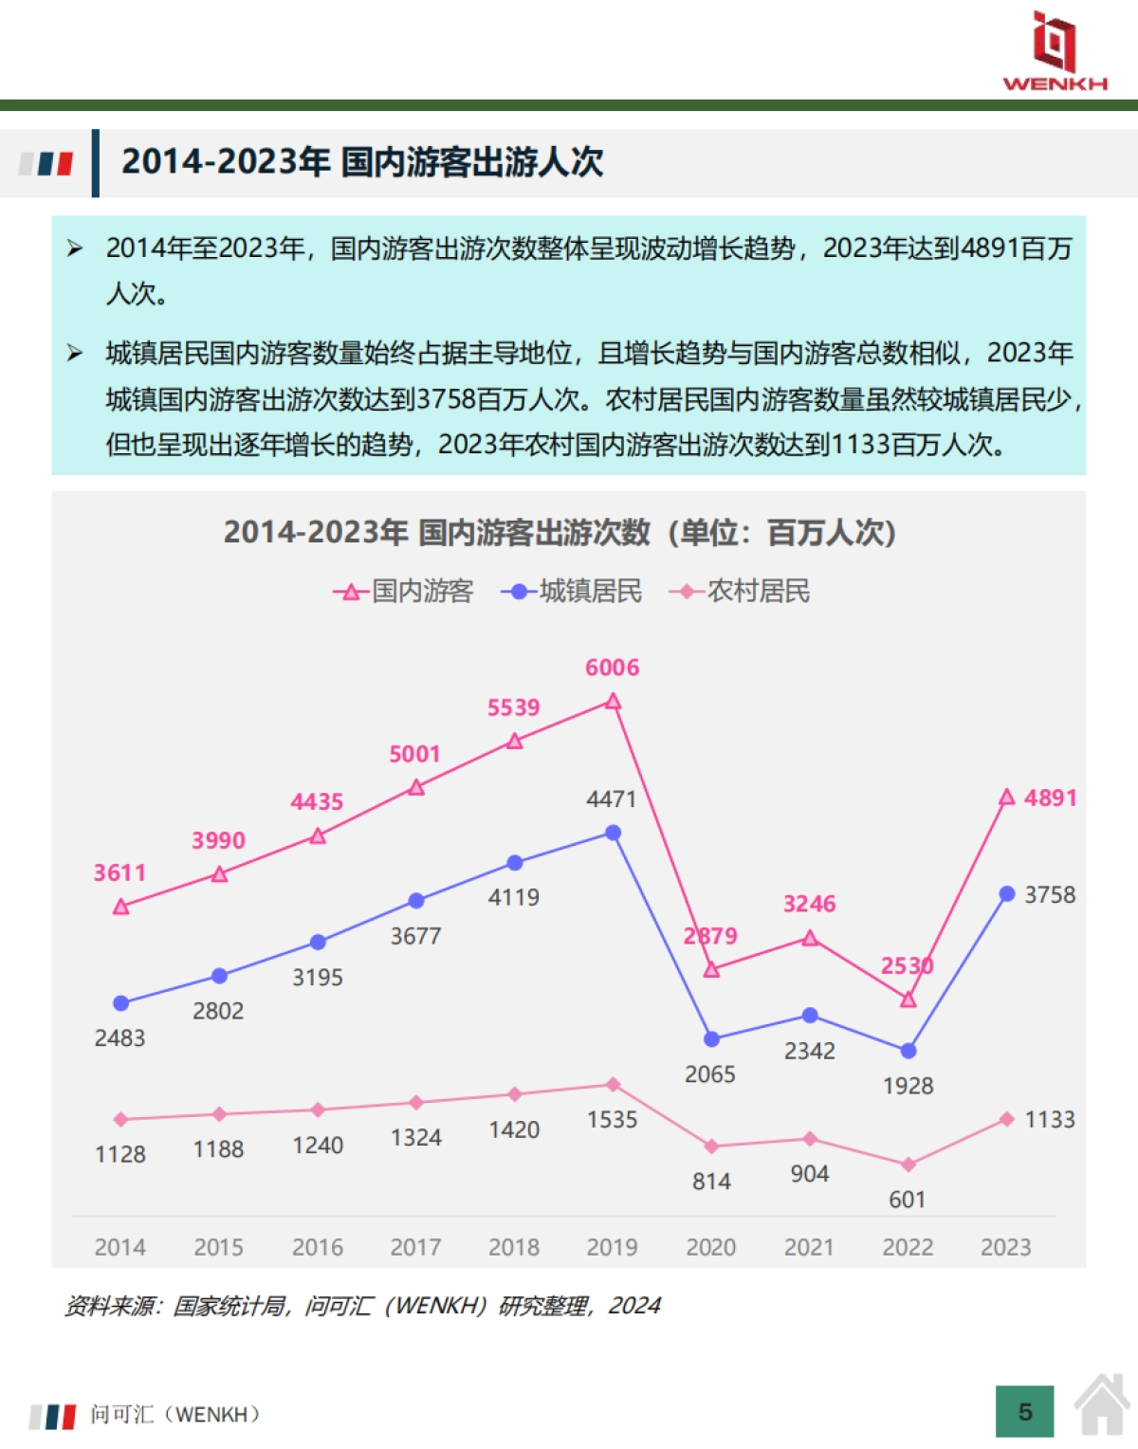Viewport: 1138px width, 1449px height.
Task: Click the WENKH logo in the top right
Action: tap(1055, 51)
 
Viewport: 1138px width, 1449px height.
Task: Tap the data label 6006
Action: tap(612, 668)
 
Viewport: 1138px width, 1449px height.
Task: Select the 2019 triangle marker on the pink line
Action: tap(613, 702)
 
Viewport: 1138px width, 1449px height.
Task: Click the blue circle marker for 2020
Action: tap(711, 1039)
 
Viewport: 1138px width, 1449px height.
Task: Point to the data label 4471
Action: tap(611, 799)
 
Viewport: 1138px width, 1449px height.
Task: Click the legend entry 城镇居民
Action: tap(572, 592)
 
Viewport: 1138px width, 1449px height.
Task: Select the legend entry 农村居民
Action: tap(740, 592)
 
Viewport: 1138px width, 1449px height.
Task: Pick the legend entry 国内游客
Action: tap(404, 592)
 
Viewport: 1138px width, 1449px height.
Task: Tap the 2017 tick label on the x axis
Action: tap(415, 1247)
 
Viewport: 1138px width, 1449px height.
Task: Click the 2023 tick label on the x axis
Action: tap(1005, 1247)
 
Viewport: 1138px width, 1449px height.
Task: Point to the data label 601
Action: tap(907, 1200)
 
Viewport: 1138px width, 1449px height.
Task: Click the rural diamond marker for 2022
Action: tap(908, 1165)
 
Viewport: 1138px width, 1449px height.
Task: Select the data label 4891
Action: tap(1050, 798)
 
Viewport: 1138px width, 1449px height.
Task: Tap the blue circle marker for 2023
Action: tap(1007, 894)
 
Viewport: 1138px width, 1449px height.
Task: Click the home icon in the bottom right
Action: tap(1102, 1405)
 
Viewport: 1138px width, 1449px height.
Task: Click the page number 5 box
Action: tap(1024, 1412)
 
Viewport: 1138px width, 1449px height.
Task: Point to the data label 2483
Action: tap(119, 1038)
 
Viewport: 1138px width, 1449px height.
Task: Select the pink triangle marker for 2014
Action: tap(120, 908)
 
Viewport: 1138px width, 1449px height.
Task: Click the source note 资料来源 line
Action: tap(361, 1306)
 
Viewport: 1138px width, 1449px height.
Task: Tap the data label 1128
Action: tap(119, 1154)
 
